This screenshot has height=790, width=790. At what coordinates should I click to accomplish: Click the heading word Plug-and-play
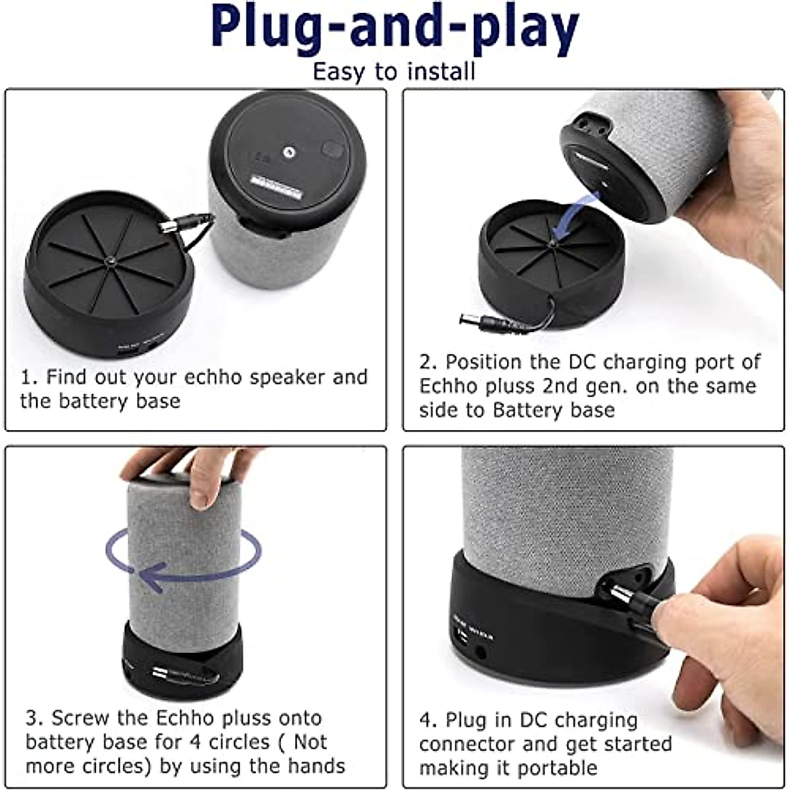point(395,30)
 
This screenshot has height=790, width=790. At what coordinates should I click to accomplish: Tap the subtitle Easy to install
point(394,71)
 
